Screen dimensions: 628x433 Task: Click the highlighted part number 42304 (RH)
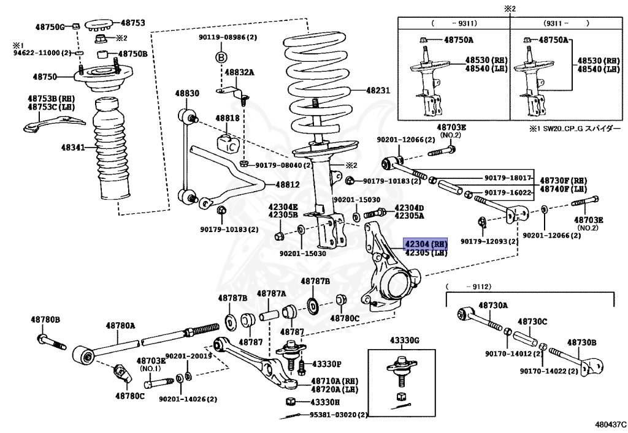coord(426,244)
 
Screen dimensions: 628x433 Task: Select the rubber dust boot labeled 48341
coord(111,149)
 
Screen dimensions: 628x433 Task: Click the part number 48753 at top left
coord(132,23)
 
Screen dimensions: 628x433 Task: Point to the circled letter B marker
coord(221,57)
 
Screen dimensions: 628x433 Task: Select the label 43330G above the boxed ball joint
coord(405,341)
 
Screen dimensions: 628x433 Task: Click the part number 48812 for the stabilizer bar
coord(287,185)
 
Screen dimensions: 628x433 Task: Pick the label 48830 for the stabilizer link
coord(186,93)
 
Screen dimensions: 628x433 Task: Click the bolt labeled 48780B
coord(52,342)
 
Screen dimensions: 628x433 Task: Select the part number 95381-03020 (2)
coord(339,415)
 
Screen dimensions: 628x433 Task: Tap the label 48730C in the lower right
coord(532,322)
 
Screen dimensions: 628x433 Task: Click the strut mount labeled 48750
coord(103,77)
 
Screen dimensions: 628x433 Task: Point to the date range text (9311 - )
coord(566,23)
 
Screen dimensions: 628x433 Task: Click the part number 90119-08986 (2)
coord(228,37)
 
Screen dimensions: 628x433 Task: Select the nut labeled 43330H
coord(291,401)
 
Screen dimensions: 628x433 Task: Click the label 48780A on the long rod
coord(120,325)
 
